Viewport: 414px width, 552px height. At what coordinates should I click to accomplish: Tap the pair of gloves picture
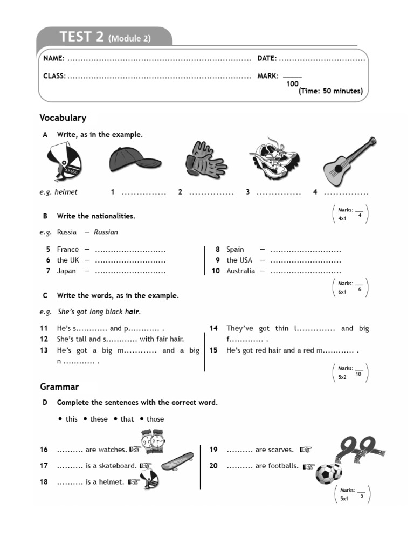point(205,161)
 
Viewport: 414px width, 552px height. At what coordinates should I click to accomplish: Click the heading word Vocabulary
point(63,118)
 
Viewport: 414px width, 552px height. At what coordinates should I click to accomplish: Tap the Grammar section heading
point(59,387)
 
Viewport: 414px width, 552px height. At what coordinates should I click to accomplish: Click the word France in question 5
point(68,250)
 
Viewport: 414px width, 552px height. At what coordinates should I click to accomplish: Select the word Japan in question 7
point(66,271)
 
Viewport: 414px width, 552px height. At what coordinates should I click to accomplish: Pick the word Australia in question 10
point(240,271)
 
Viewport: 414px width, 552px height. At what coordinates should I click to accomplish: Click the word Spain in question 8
point(235,250)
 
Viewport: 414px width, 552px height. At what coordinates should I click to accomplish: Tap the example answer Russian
point(106,232)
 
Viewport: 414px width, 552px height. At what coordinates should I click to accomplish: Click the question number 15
point(213,350)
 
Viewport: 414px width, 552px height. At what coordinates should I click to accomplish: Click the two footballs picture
point(328,473)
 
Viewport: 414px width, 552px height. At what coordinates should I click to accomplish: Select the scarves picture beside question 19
point(356,450)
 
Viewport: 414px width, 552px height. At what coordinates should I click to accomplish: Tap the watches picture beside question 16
point(153,442)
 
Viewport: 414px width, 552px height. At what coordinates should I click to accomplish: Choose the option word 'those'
point(155,419)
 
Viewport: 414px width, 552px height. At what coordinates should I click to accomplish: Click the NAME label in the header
point(54,58)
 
